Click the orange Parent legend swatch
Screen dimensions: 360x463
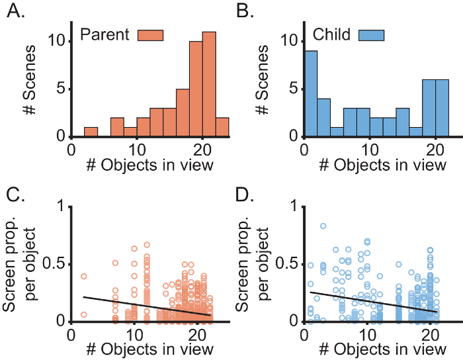150,34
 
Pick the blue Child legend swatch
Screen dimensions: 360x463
372,34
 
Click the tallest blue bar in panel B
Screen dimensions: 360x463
310,94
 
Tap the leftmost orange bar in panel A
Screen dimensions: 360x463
91,132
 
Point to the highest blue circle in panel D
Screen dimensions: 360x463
323,226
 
